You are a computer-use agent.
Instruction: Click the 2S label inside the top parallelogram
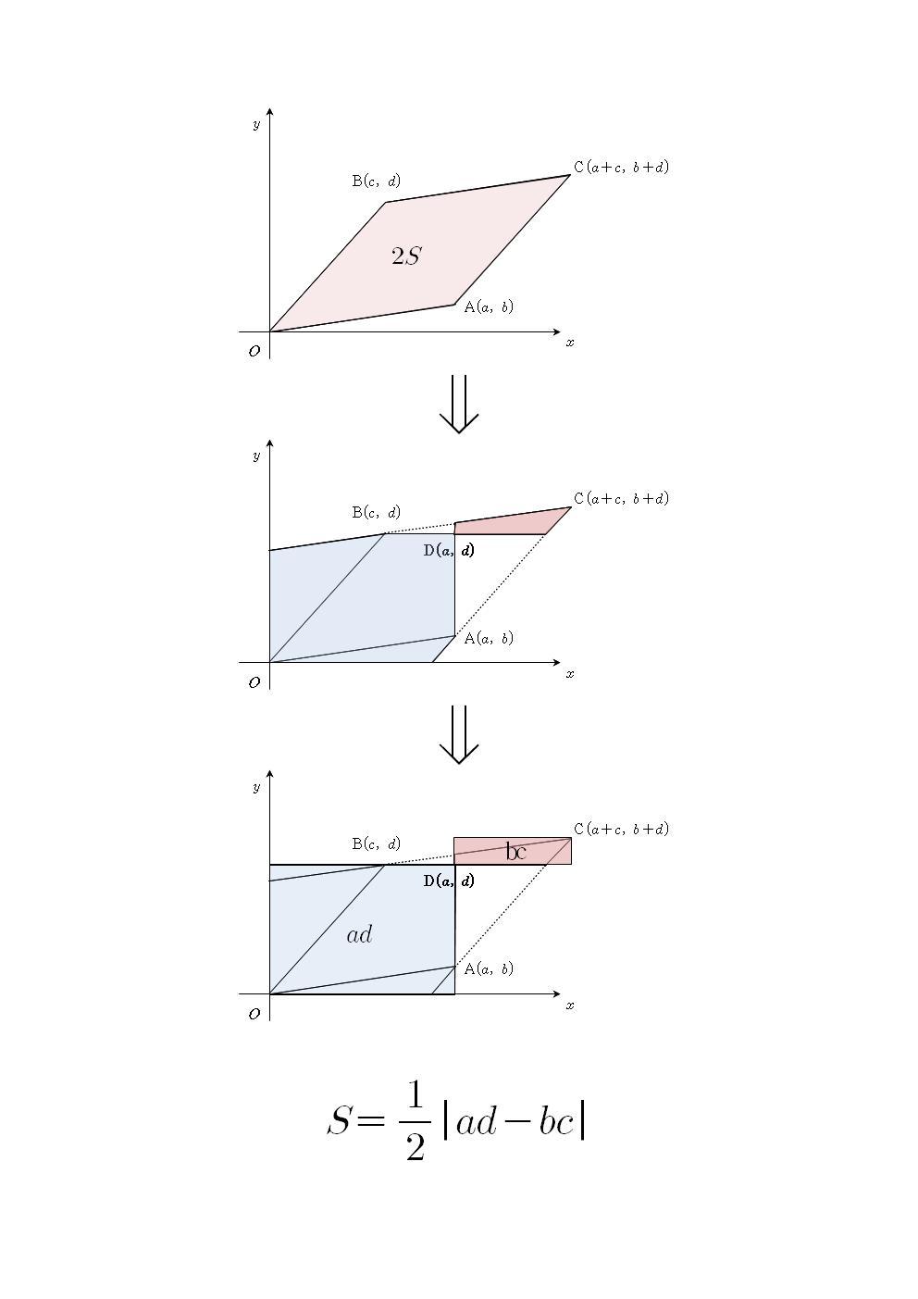pyautogui.click(x=406, y=256)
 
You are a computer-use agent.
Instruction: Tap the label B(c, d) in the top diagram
pyautogui.click(x=376, y=181)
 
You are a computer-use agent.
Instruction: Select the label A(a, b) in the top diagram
pyautogui.click(x=489, y=306)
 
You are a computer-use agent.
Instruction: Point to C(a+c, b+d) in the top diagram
pyautogui.click(x=621, y=167)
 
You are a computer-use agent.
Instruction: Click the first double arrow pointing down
pyautogui.click(x=459, y=404)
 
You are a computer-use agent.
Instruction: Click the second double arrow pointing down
pyautogui.click(x=459, y=734)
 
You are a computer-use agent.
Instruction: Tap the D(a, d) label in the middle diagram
pyautogui.click(x=449, y=550)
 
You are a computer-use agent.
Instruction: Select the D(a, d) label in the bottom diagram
pyautogui.click(x=449, y=881)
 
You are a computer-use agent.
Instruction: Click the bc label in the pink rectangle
pyautogui.click(x=515, y=851)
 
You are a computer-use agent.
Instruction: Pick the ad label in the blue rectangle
pyautogui.click(x=359, y=934)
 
